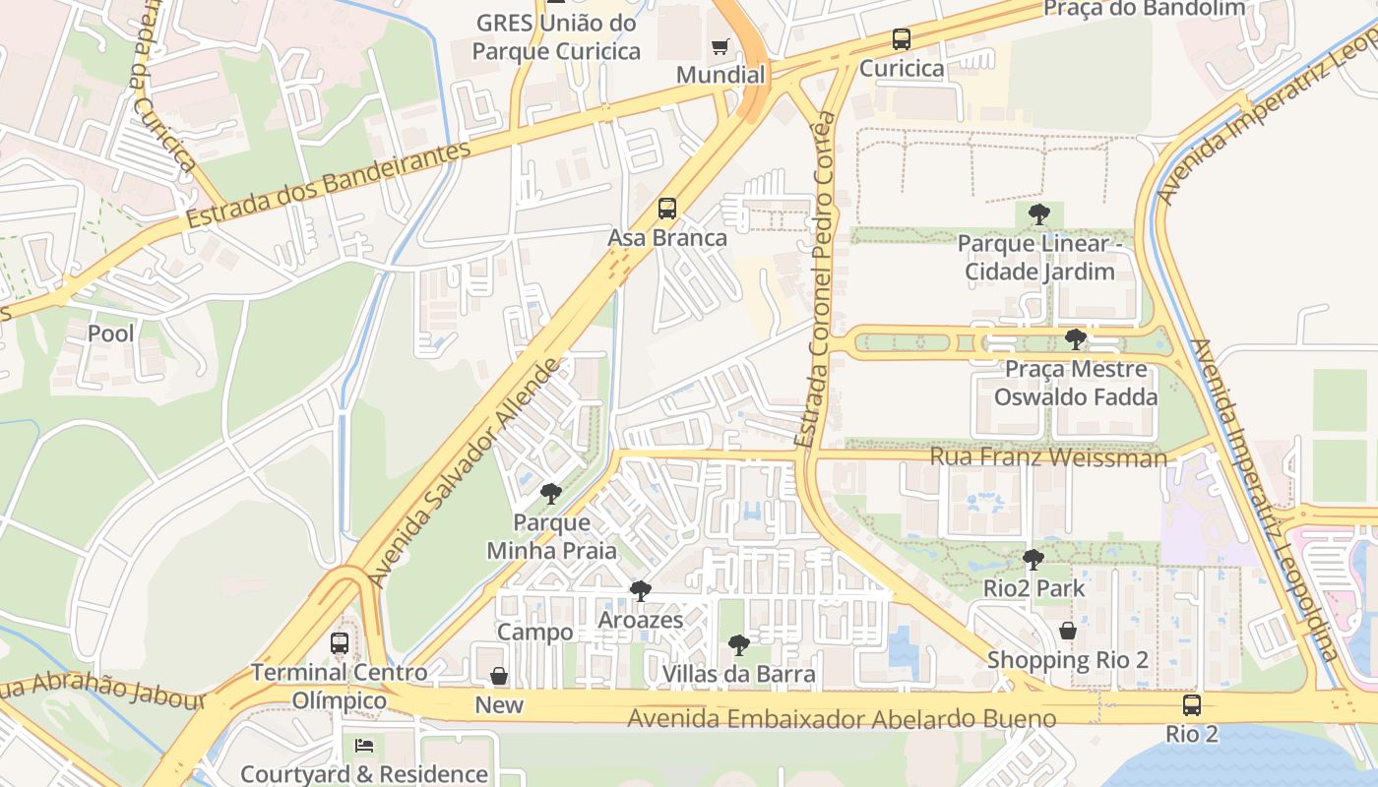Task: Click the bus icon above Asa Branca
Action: (x=667, y=209)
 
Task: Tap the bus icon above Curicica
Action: (x=902, y=39)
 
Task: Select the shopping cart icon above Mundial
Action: (x=720, y=46)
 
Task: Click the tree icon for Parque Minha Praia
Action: (x=551, y=493)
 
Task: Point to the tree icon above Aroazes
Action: (x=641, y=590)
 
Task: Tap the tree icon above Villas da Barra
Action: (x=739, y=645)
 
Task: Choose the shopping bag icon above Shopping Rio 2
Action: (x=1068, y=631)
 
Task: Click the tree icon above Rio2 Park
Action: (x=1033, y=560)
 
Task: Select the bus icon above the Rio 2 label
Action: (x=1192, y=704)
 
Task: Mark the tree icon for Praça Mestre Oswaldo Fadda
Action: (x=1076, y=339)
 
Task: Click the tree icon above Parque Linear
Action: (x=1039, y=213)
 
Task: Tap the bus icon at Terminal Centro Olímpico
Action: (x=340, y=643)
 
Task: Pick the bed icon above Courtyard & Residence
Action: (x=364, y=746)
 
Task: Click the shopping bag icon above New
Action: (x=499, y=676)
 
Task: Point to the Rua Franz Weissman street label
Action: (x=1048, y=457)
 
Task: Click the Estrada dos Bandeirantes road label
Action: (x=329, y=185)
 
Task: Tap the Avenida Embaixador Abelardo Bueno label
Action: (x=842, y=719)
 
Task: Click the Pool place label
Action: (x=111, y=333)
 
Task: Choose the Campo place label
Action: (x=535, y=632)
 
